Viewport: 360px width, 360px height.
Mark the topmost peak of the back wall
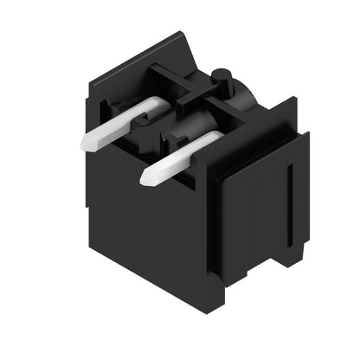183,35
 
